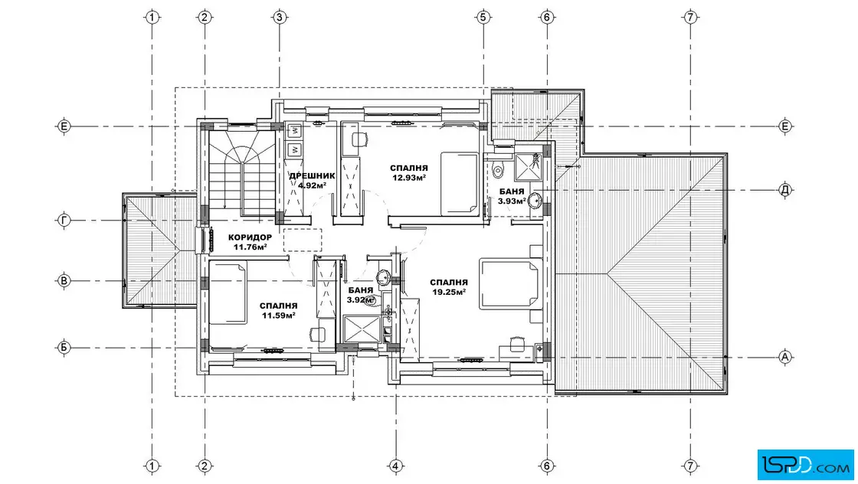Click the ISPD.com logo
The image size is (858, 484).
tap(805, 464)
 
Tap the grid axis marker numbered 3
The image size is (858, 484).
tap(280, 18)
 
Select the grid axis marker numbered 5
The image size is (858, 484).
tap(483, 18)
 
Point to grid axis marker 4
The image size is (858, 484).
tap(395, 466)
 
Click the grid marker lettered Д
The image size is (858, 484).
tap(785, 190)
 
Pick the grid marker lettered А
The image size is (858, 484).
tap(785, 357)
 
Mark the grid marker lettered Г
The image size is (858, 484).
tap(64, 221)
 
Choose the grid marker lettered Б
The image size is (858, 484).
tap(64, 347)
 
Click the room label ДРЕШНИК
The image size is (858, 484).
tap(312, 175)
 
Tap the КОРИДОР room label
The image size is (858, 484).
tap(250, 237)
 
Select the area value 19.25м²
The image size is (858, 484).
tap(449, 292)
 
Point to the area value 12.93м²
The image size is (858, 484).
tap(409, 177)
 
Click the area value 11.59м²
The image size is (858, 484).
tap(279, 315)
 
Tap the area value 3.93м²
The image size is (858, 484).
tap(512, 201)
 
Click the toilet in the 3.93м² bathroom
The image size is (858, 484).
tap(496, 169)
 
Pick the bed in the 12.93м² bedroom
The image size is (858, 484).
tap(460, 184)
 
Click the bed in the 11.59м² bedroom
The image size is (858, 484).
tap(228, 293)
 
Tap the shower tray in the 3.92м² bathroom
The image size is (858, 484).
tap(361, 329)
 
